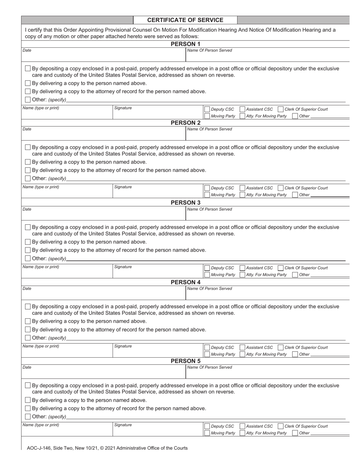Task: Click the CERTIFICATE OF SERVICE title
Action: [x=185, y=20]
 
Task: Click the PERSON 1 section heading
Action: [x=185, y=44]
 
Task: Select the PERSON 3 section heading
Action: [x=185, y=203]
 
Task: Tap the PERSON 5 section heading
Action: [x=185, y=361]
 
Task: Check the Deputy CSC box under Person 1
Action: [x=207, y=109]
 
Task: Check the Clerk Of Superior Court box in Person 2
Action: [x=280, y=188]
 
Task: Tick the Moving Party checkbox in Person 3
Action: [x=207, y=275]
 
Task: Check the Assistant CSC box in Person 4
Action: [x=243, y=348]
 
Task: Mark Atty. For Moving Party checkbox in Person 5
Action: [x=243, y=433]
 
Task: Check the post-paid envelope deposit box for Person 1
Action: [x=28, y=69]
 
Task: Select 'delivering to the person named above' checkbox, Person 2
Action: [x=28, y=162]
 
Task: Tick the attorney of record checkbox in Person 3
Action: [x=28, y=250]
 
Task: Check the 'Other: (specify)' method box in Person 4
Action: [x=28, y=338]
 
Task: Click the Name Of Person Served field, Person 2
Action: [x=267, y=135]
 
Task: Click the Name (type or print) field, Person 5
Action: [x=67, y=431]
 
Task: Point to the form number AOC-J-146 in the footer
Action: [x=42, y=448]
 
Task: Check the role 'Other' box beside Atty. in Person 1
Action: [x=295, y=116]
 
